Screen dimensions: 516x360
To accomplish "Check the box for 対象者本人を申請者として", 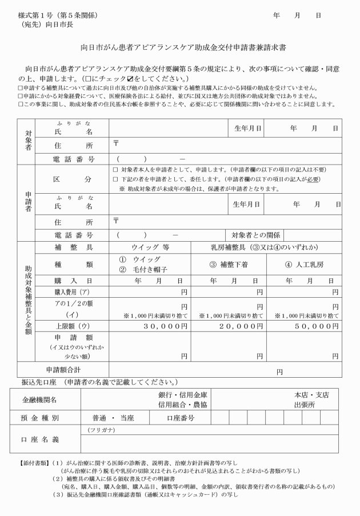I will (115, 170).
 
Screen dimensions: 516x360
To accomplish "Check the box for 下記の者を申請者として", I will (115, 179).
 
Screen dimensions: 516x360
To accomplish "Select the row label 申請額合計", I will (63, 370).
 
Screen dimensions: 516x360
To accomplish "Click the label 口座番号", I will (181, 418).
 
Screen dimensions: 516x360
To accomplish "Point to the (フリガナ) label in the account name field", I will (100, 430).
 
